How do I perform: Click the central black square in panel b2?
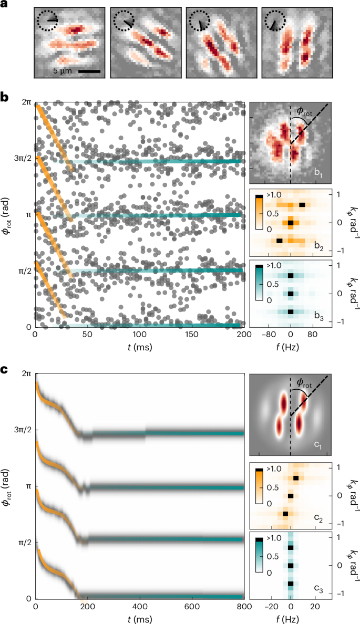291,223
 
